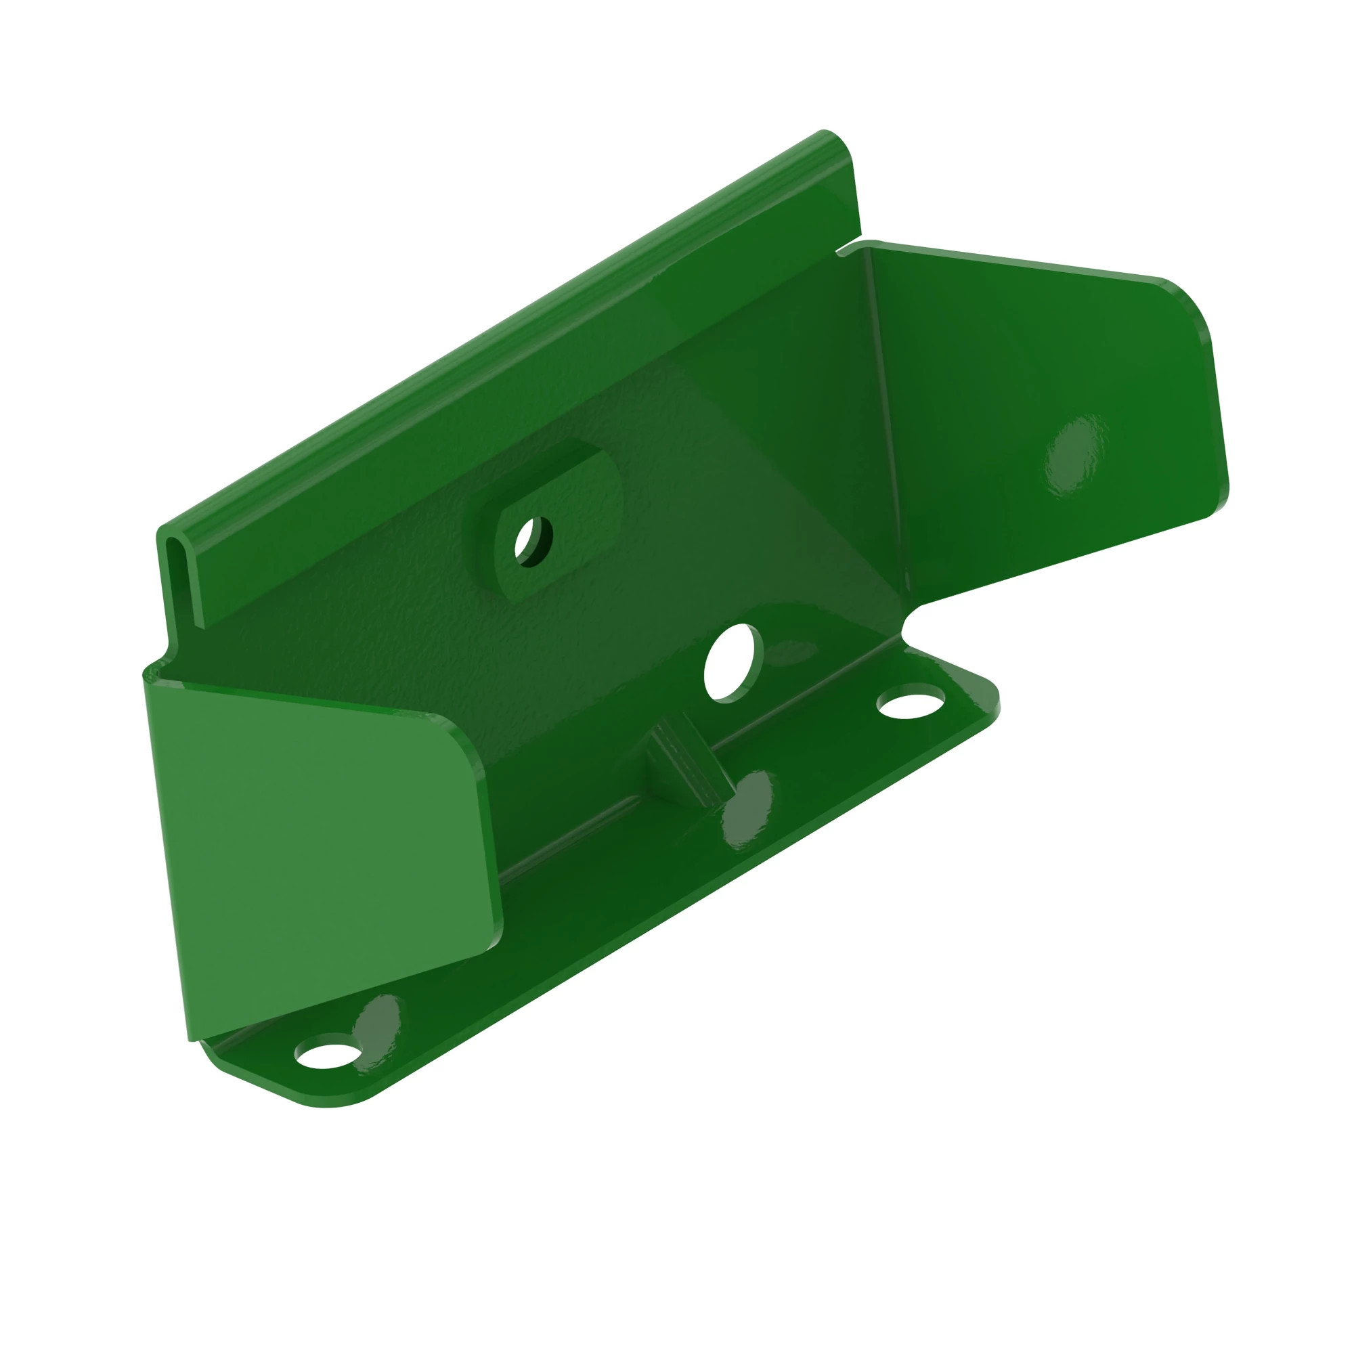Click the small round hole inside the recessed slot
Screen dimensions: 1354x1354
click(x=533, y=541)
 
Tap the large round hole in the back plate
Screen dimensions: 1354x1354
click(x=733, y=661)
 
